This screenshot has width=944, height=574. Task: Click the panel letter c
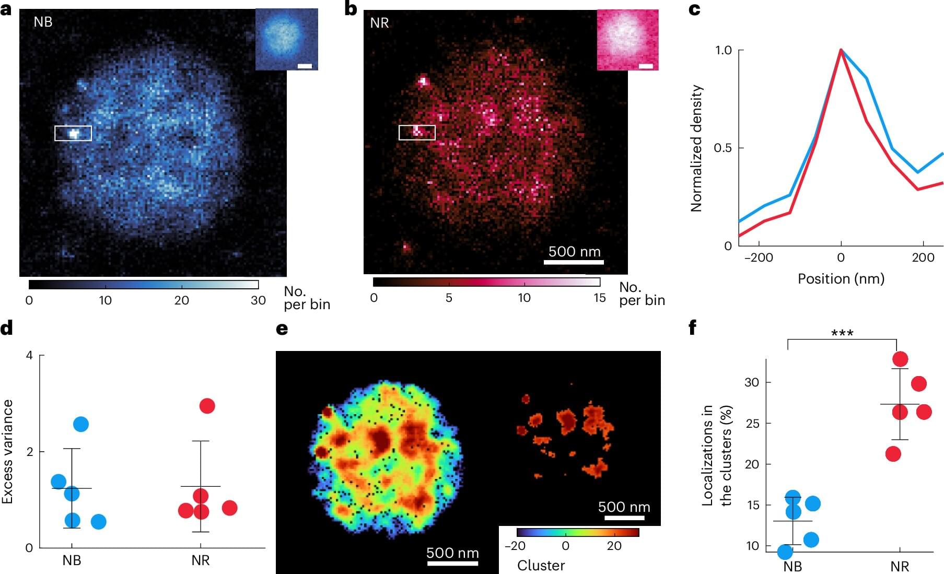coord(694,9)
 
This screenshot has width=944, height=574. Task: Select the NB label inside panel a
coord(43,22)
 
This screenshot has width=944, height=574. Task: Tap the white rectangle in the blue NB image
coord(73,133)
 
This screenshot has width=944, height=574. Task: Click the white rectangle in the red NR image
coord(417,133)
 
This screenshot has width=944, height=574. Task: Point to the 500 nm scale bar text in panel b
coord(574,252)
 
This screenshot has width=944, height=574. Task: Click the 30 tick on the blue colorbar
coord(258,300)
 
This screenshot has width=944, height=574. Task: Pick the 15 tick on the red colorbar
coord(599,298)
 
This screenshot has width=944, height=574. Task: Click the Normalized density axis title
coord(696,148)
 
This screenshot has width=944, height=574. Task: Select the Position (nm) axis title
coord(841,279)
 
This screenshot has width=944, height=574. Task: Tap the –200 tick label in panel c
coord(758,257)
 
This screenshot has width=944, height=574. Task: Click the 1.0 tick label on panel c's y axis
coord(724,50)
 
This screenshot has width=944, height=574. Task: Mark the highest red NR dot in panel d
coord(207,406)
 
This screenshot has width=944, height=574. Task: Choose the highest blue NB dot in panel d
coord(81,424)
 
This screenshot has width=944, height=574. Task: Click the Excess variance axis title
coord(7,451)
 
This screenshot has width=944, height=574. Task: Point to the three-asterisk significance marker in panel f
coord(842,333)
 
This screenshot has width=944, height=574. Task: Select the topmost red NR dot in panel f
coord(900,359)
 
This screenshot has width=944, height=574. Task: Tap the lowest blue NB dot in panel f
coord(785,552)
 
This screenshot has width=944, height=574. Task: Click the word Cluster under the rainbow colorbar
coord(541,566)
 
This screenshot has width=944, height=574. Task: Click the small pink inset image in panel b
coord(627,39)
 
